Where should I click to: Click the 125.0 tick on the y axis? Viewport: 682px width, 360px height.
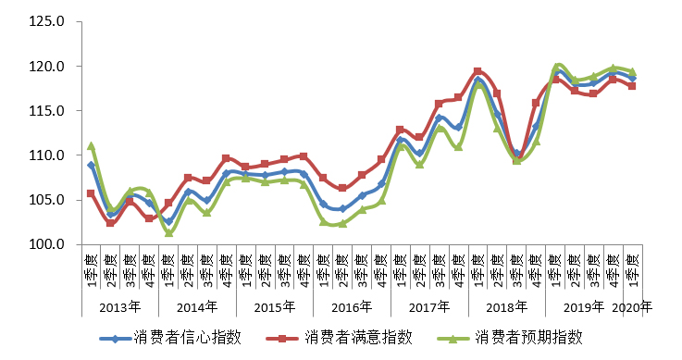tap(46, 21)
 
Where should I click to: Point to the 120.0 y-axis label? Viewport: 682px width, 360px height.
tap(46, 67)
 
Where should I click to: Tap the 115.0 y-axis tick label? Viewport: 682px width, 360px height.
tap(46, 111)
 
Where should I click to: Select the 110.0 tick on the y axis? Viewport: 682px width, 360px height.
tap(46, 155)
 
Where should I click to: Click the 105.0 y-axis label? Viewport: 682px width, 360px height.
tap(46, 200)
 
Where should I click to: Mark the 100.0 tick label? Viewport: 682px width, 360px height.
tap(46, 244)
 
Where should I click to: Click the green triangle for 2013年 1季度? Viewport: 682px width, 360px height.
tap(91, 146)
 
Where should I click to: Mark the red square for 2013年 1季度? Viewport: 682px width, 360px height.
tap(91, 193)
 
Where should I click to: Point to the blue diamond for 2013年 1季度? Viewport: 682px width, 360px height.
tap(91, 165)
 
